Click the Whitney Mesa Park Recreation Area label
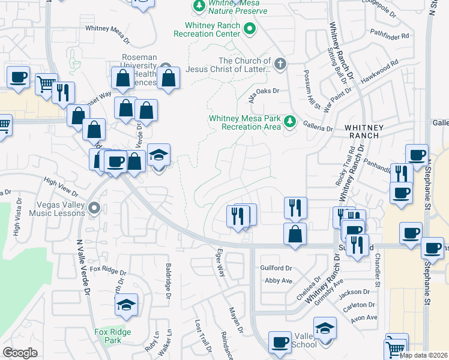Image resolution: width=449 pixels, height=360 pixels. [245, 122]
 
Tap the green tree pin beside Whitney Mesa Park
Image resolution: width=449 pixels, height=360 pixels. [290, 122]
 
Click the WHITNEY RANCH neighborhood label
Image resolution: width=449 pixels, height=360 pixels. [361, 131]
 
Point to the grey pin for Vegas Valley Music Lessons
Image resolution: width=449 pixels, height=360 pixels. [93, 208]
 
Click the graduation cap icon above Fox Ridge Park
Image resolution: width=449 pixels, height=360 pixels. [126, 305]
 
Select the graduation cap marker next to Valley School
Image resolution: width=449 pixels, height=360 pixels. [325, 329]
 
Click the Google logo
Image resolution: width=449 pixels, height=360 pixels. [20, 352]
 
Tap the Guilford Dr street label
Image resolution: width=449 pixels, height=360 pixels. [276, 268]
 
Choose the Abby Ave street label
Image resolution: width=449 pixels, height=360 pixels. [279, 280]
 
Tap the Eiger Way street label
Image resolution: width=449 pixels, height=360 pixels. [221, 263]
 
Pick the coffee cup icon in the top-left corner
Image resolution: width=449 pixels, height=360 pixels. [18, 77]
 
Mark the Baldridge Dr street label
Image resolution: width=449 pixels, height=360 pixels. [169, 279]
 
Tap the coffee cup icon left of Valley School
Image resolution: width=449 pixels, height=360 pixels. [279, 343]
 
